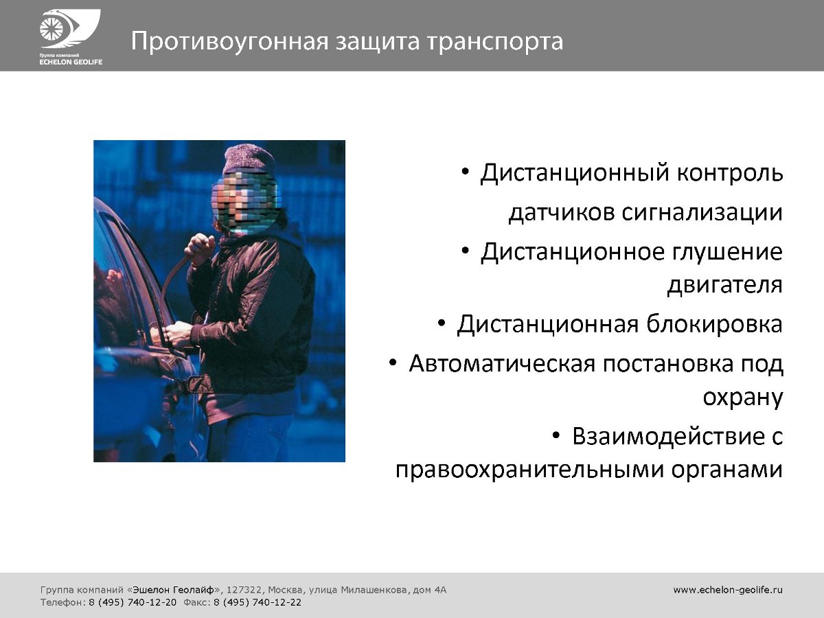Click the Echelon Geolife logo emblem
click(x=70, y=29)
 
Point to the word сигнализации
click(x=702, y=213)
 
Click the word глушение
click(x=727, y=252)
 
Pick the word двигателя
click(x=725, y=285)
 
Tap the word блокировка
click(x=714, y=324)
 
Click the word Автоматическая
click(x=502, y=364)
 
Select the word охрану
click(x=743, y=398)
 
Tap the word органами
click(x=727, y=470)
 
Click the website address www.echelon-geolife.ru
click(x=728, y=590)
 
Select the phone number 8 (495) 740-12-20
click(x=133, y=603)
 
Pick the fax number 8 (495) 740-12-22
click(x=257, y=603)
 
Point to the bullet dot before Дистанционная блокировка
click(x=442, y=323)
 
